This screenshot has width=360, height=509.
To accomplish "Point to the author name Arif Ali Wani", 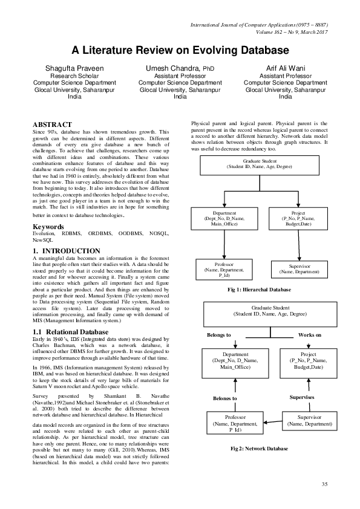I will click(285, 68).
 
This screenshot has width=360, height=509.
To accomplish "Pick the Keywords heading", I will click(49, 227).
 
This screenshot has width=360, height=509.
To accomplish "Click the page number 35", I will click(324, 484).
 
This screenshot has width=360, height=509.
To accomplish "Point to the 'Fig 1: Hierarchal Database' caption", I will click(260, 290).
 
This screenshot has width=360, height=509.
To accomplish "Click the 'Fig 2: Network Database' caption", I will click(259, 449).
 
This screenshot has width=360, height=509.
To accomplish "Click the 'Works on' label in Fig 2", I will click(310, 334).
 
